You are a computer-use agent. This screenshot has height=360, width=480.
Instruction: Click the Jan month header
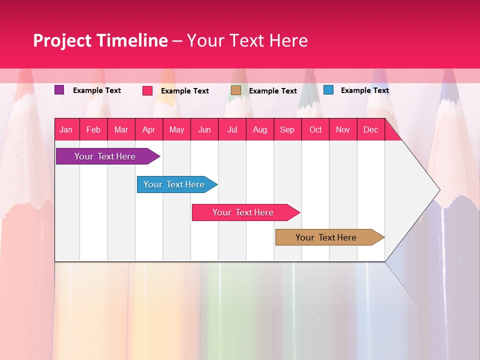(66, 129)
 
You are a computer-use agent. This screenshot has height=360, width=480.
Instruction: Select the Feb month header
(93, 129)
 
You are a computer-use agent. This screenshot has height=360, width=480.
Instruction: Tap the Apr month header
(148, 129)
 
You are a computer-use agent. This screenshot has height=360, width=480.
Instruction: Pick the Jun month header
(204, 129)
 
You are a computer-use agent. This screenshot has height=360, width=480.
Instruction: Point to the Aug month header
(259, 129)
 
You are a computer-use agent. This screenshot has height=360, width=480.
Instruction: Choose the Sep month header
(287, 129)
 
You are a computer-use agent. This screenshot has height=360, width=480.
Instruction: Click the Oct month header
(315, 129)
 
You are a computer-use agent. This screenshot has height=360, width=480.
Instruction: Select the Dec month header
(370, 129)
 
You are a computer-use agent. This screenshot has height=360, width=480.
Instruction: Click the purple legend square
(59, 90)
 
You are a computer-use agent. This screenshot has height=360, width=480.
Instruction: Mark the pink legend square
(147, 90)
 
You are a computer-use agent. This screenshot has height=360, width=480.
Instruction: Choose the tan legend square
(236, 90)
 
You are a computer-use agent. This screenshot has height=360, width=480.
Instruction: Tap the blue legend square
(328, 90)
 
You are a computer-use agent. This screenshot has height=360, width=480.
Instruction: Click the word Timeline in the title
(131, 40)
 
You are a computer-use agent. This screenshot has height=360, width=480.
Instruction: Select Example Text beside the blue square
(364, 90)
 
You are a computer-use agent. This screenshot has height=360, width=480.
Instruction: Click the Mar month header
(121, 129)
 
